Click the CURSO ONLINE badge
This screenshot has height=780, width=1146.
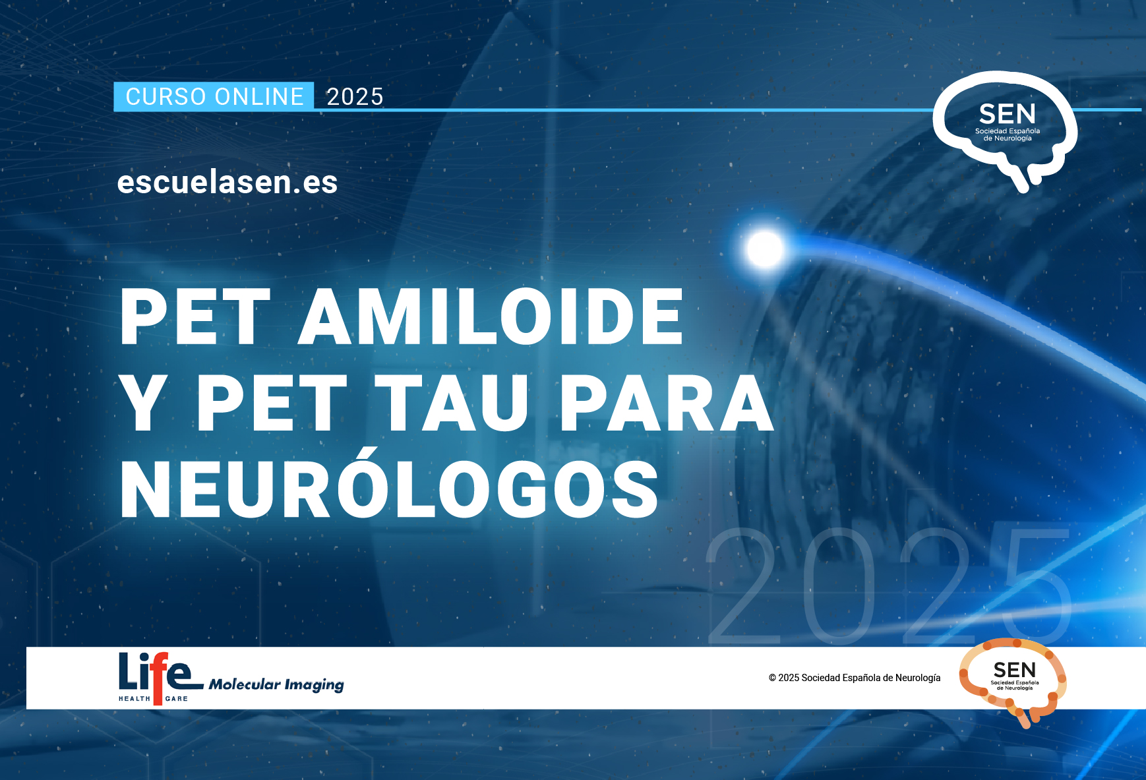214,97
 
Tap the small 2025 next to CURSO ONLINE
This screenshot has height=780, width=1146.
355,97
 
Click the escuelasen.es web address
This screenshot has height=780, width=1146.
227,182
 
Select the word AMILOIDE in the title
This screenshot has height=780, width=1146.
491,316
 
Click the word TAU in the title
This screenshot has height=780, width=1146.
456,403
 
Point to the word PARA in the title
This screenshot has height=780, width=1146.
667,403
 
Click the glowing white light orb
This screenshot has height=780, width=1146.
765,249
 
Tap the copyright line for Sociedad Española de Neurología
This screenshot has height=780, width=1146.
855,678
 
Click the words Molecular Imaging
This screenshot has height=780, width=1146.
276,685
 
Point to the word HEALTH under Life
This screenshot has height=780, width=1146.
135,699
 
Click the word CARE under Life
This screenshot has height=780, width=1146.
177,699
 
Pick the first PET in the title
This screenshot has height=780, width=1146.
195,316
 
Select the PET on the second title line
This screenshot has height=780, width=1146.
272,403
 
